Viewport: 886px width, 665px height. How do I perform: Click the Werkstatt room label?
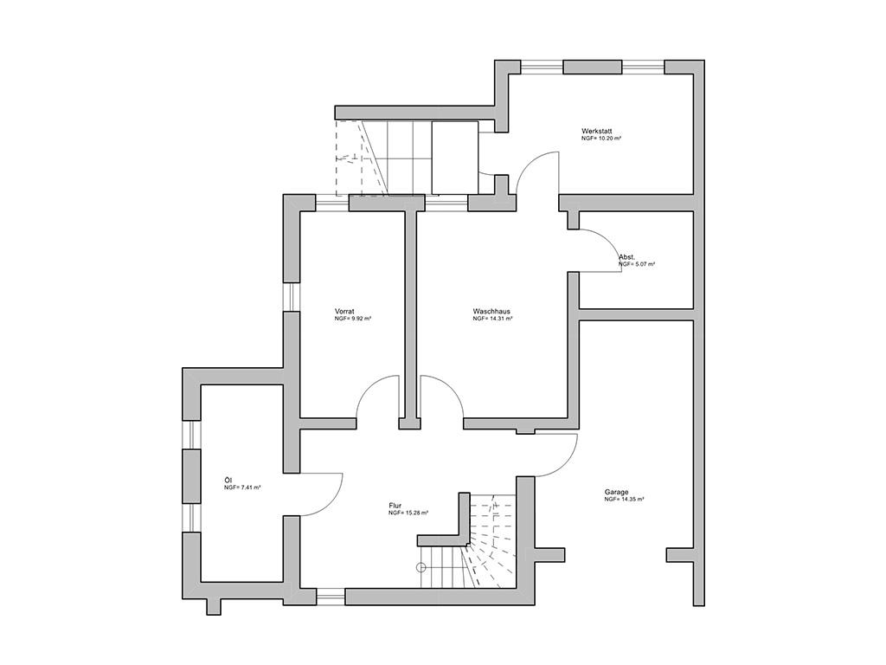pos(596,132)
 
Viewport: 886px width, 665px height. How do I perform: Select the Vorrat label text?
pos(344,312)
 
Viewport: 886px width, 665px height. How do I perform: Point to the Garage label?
pos(616,493)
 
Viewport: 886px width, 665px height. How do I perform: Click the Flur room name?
pos(395,506)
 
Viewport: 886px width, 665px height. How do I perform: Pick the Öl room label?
pos(228,480)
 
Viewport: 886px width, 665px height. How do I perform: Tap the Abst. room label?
pos(626,257)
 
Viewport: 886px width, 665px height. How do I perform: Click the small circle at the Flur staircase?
pos(421,567)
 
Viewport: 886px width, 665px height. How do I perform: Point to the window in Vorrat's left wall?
pos(291,296)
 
